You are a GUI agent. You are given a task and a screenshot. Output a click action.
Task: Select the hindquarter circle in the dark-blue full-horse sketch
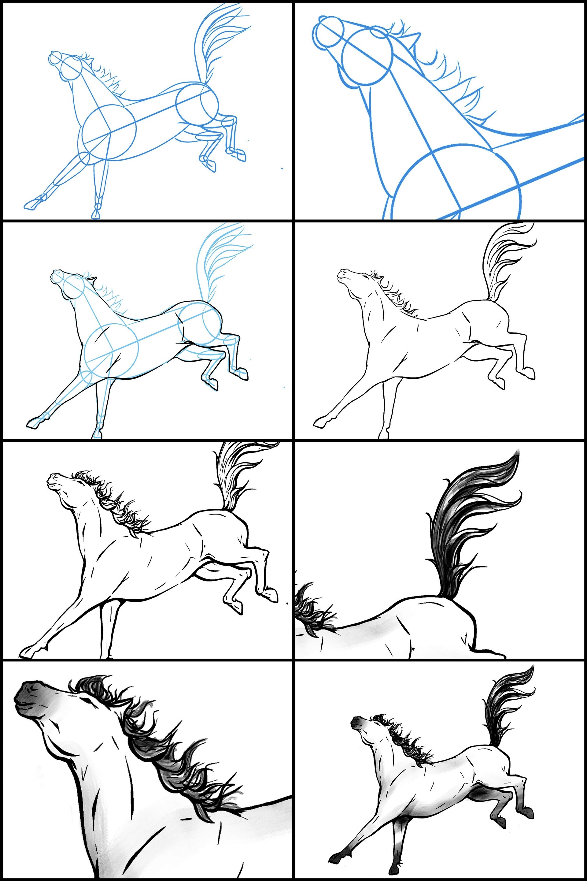197,104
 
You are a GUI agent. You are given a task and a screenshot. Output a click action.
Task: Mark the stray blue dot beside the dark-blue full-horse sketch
282,169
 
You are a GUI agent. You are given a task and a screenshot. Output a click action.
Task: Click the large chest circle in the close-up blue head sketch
457,184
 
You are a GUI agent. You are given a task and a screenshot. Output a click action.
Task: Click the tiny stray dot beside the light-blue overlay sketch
285,387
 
